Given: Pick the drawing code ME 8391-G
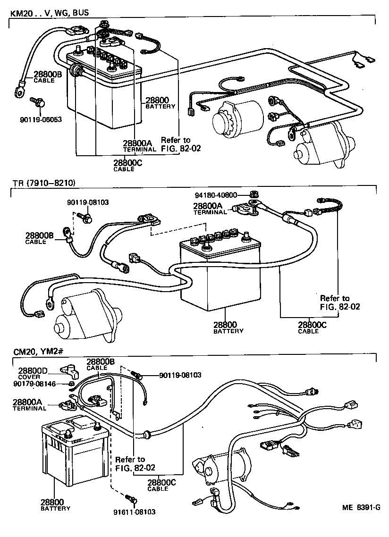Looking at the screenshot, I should point(361,508).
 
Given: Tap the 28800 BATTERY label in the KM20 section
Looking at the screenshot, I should point(160,102).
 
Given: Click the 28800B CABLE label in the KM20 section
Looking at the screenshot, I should point(47,76).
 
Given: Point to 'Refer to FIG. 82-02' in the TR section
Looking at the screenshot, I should point(339,302).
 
